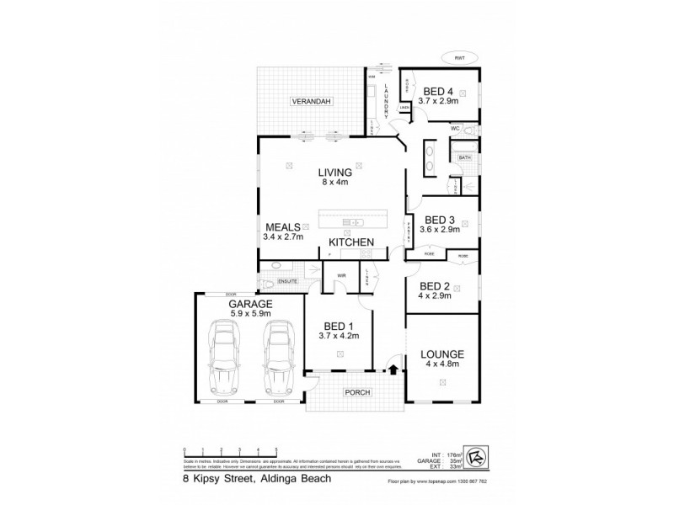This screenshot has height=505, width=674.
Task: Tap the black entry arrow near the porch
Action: click(x=393, y=367)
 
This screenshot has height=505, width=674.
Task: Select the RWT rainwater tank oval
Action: click(x=459, y=57)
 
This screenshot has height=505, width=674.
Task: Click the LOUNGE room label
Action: click(x=440, y=354)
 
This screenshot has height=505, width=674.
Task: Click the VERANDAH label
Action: click(x=311, y=102)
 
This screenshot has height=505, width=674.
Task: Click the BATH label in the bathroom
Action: click(x=464, y=157)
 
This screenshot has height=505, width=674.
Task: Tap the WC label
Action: click(x=454, y=129)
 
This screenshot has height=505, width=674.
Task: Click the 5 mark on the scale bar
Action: click(x=275, y=450)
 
